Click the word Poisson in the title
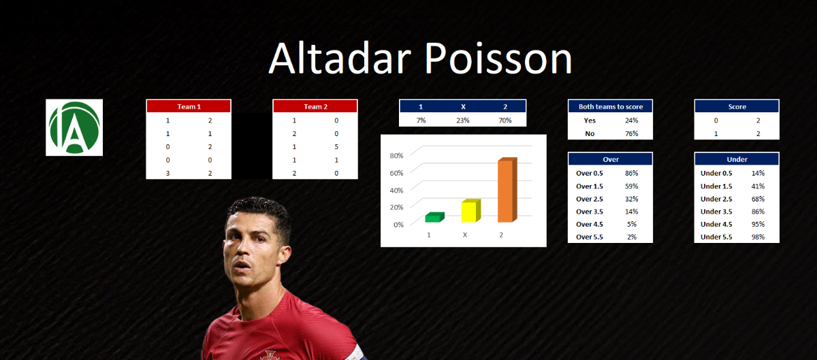pos(498,59)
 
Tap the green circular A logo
pos(74,127)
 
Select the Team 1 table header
pos(189,107)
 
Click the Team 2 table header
pos(315,107)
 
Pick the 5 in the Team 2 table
pos(336,146)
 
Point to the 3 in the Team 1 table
pos(167,174)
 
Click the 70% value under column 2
pos(505,120)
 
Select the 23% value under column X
pos(463,120)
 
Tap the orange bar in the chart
pos(507,190)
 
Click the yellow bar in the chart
pos(471,210)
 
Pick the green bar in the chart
pos(434,217)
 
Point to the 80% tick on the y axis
pos(396,156)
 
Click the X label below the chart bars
pos(465,235)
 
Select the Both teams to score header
pos(611,107)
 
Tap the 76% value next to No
pos(632,133)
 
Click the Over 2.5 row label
pos(590,199)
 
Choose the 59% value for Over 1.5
pos(632,186)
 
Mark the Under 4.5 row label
pos(716,224)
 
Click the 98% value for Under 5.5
pos(758,237)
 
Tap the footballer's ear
pos(285,255)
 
